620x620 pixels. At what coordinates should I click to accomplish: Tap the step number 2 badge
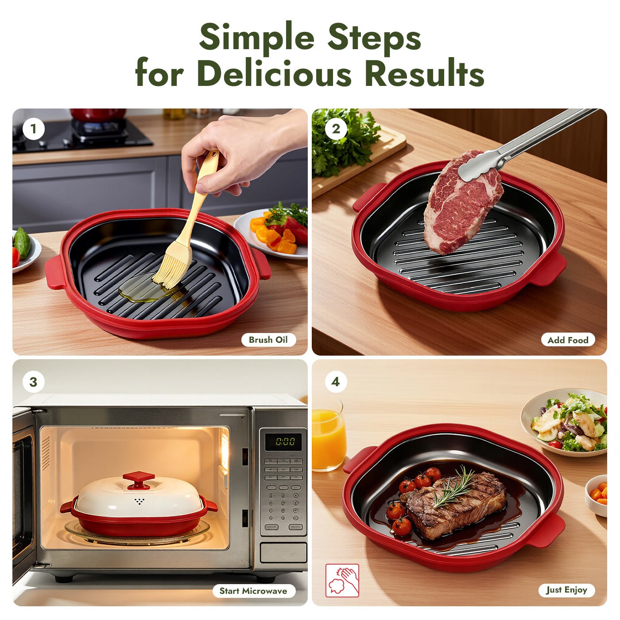point(336,129)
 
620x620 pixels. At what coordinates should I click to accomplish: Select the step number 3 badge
point(33,382)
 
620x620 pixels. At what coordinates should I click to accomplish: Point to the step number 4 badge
point(336,381)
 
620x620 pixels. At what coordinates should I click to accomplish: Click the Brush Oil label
point(268,340)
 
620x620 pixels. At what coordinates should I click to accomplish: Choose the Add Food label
point(568,340)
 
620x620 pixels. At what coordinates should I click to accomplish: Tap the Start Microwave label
point(253,591)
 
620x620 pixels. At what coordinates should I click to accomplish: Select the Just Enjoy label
point(566,590)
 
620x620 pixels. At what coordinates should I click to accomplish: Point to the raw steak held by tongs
point(461,204)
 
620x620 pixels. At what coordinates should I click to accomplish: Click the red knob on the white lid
point(139,479)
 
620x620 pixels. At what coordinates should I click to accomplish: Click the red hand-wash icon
point(342,580)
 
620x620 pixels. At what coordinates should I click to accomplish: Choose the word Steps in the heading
point(374,37)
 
